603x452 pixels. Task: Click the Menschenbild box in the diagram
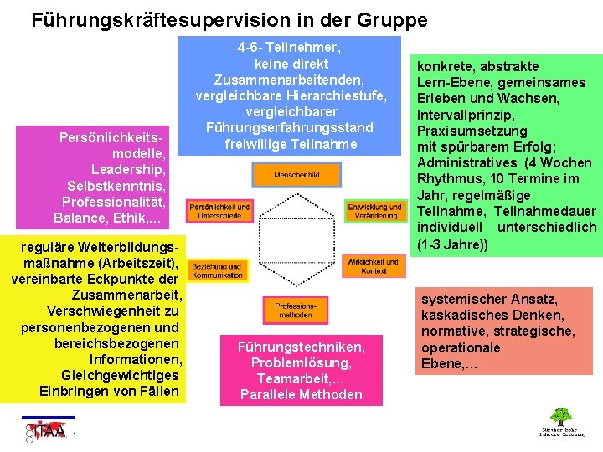pos(296,175)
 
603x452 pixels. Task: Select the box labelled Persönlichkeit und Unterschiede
pos(219,211)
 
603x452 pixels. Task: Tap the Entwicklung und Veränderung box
pos(374,211)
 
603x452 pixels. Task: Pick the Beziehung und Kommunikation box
pos(217,270)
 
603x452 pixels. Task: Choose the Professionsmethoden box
pos(295,310)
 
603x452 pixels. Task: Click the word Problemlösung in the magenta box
pos(301,362)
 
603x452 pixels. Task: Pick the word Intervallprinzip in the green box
pos(466,114)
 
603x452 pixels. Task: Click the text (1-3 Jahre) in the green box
pos(452,244)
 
